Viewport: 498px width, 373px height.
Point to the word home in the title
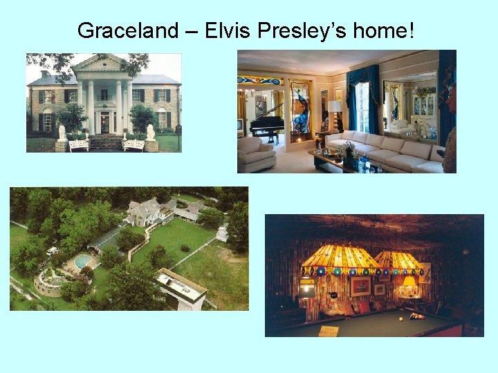(380, 30)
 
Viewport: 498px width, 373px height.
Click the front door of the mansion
(104, 123)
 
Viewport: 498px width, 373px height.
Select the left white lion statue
(62, 133)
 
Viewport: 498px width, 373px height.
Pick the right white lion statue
(150, 133)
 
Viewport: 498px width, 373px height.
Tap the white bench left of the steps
(78, 145)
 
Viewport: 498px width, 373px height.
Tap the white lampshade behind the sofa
(335, 106)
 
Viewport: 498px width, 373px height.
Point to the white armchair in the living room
(256, 154)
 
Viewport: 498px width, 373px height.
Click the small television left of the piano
(242, 126)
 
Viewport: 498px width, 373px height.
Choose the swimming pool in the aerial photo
(83, 261)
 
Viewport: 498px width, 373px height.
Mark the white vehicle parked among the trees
(53, 251)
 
